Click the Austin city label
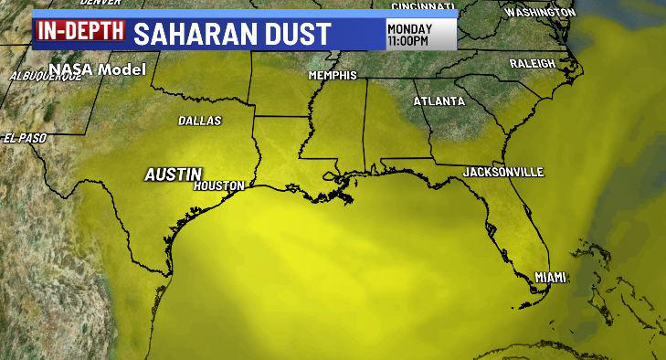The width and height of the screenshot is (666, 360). tap(173, 174)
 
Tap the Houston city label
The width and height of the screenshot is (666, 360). tap(219, 185)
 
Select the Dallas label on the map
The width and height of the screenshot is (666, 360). tap(200, 120)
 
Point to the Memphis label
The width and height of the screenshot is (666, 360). tap(333, 75)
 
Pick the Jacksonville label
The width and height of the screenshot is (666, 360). tap(503, 172)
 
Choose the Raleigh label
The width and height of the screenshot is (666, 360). tap(533, 63)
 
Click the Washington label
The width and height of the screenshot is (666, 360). tap(541, 13)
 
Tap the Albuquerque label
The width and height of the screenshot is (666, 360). tap(45, 77)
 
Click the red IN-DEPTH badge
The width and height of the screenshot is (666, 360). tap(79, 31)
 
